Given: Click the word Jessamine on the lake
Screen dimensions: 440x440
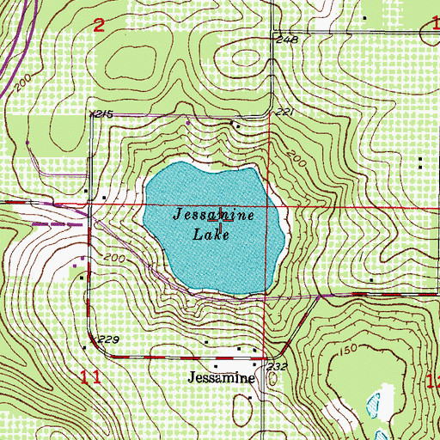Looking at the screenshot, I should point(214,214).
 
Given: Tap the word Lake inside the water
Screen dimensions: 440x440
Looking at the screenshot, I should point(214,233).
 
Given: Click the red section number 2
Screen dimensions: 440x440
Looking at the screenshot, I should point(99,25).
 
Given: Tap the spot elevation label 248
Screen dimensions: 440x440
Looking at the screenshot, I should point(286,40).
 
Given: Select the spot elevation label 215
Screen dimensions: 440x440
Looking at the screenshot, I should point(103,113).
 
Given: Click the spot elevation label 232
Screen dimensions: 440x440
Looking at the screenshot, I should point(277,367).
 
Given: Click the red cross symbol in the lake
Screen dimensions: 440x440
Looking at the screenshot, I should point(225,215).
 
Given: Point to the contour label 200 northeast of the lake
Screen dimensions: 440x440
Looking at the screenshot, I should point(296,158).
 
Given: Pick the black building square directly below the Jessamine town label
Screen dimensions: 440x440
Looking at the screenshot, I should point(250,399).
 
